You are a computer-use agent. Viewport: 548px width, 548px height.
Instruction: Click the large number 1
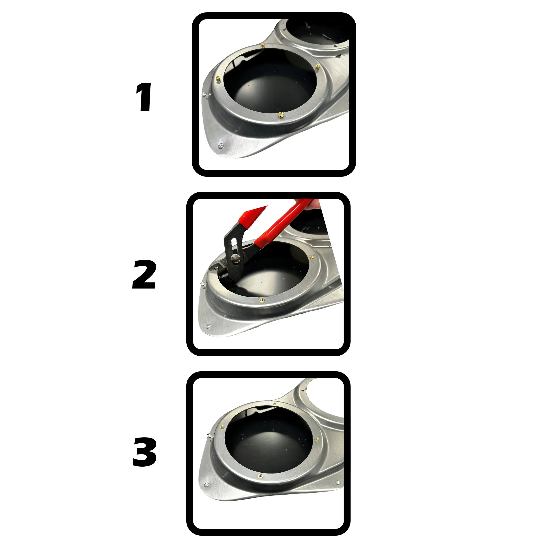click(x=144, y=97)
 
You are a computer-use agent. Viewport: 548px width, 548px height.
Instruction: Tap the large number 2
click(x=144, y=275)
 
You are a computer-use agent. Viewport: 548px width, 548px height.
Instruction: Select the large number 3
click(x=144, y=452)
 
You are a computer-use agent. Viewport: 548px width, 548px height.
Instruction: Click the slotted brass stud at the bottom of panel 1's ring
click(x=281, y=115)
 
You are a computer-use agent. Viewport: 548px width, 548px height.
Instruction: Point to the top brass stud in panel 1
click(x=263, y=45)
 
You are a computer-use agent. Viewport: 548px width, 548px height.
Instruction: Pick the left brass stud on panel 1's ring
click(x=218, y=79)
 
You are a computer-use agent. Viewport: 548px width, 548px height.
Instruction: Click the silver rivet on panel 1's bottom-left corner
click(x=220, y=146)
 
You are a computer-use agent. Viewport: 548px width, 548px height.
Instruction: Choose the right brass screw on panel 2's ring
click(x=312, y=257)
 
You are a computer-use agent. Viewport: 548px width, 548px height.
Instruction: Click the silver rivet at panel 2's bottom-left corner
click(x=209, y=326)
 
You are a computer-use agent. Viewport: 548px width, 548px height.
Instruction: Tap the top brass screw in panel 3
click(x=274, y=404)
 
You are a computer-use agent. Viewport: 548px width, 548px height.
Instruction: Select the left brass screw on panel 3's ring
click(x=222, y=426)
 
